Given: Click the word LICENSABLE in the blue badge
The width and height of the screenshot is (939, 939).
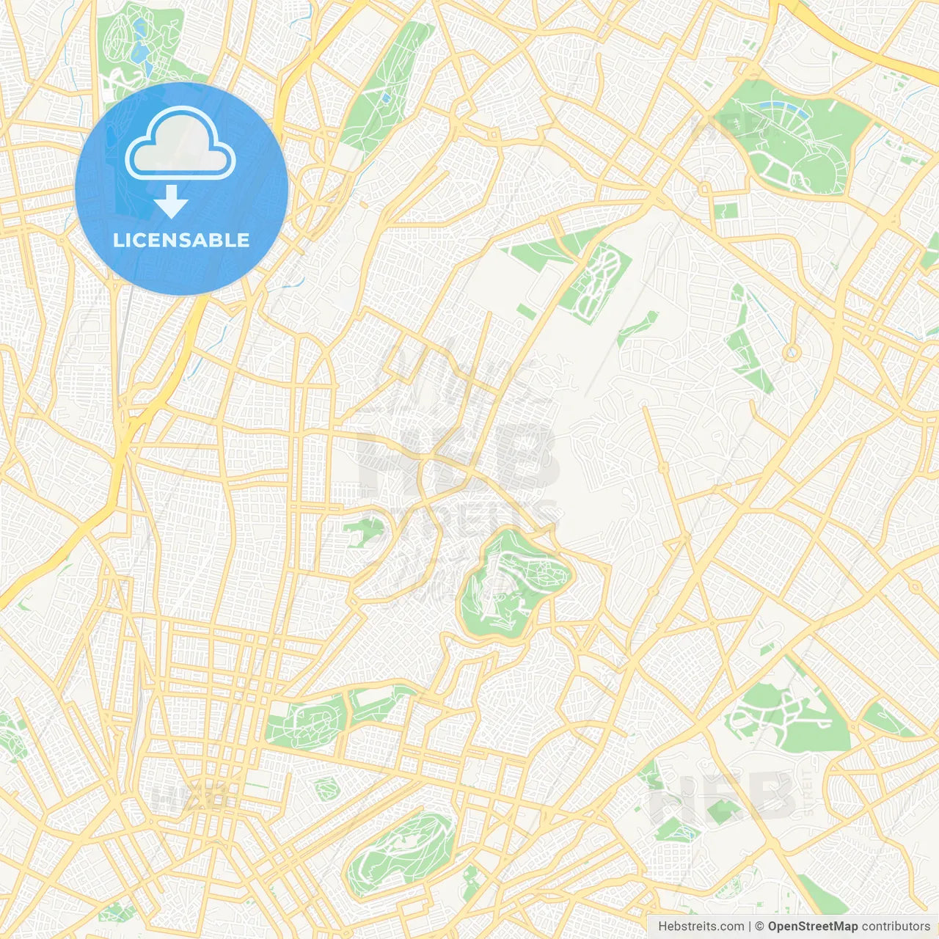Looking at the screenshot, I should pyautogui.click(x=181, y=240).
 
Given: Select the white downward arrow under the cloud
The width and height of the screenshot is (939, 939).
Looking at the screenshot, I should pyautogui.click(x=171, y=201).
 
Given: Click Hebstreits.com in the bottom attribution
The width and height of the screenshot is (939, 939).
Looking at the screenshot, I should pyautogui.click(x=701, y=927).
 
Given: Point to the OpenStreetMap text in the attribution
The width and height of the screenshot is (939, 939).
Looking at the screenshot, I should pyautogui.click(x=812, y=927).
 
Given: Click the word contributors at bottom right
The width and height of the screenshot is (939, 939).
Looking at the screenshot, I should pyautogui.click(x=896, y=927).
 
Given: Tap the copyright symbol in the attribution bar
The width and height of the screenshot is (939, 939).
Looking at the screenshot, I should pyautogui.click(x=760, y=927).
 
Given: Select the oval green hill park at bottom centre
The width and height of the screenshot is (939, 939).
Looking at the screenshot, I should pyautogui.click(x=400, y=851).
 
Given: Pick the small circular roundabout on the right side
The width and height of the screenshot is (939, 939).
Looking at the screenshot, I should pyautogui.click(x=791, y=353).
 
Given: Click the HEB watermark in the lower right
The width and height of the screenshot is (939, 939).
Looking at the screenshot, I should pyautogui.click(x=723, y=796).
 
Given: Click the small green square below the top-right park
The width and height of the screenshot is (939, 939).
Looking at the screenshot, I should pyautogui.click(x=726, y=211).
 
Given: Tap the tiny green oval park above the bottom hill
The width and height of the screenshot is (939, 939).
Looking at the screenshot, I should pyautogui.click(x=326, y=789).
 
